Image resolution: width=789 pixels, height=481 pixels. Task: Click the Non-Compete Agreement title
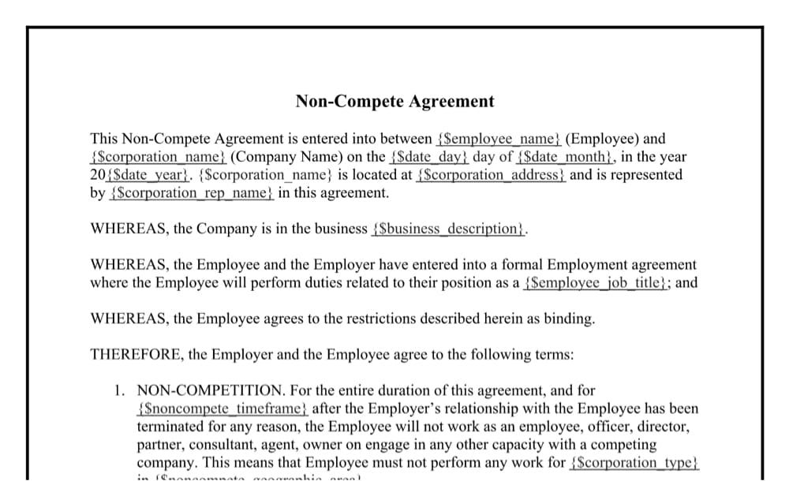[x=394, y=101]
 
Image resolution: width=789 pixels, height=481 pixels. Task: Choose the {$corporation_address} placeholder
[x=491, y=175]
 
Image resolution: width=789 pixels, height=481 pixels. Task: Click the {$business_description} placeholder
[x=448, y=229]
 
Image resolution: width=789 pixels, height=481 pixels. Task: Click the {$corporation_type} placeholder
[x=634, y=463]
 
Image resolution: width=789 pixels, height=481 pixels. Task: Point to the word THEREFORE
[x=135, y=355]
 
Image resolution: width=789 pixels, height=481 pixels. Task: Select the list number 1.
[x=118, y=391]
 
